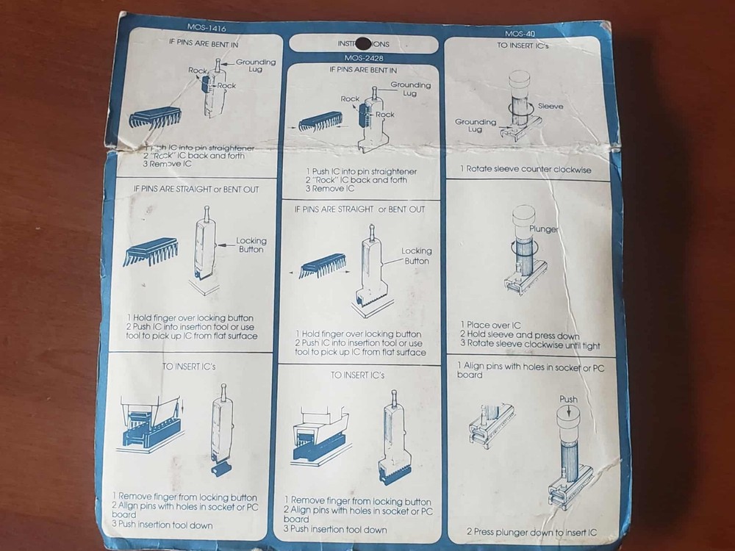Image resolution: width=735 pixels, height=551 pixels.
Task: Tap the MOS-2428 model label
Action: pos(363,57)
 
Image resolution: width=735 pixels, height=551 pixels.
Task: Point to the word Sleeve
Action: pos(551,107)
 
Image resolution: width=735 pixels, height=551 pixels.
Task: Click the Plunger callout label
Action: pos(545,229)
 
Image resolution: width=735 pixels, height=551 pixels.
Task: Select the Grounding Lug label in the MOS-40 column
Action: pos(475,126)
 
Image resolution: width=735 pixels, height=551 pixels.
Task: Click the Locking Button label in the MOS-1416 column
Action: pos(251,245)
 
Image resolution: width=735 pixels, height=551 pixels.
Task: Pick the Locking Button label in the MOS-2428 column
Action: pos(416,256)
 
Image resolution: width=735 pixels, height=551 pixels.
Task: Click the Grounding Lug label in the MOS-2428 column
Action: pos(410,89)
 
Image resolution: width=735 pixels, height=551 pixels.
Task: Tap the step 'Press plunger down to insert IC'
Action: pos(531,531)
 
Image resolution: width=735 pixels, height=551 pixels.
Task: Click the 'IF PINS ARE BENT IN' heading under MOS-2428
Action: pos(362,70)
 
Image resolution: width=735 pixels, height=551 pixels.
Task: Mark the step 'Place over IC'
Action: pos(489,324)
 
